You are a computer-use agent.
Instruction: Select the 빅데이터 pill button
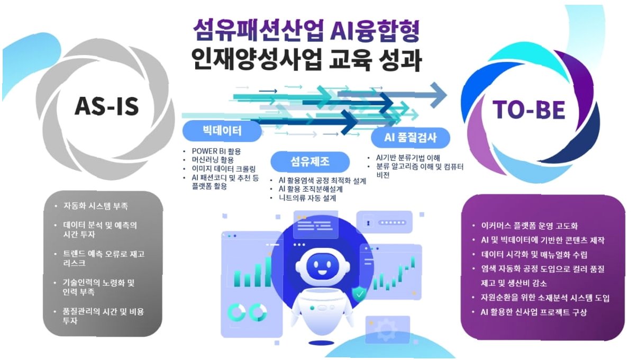point(222,131)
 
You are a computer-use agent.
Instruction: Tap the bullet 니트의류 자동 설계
point(307,198)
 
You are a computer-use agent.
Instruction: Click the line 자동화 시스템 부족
point(95,205)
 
